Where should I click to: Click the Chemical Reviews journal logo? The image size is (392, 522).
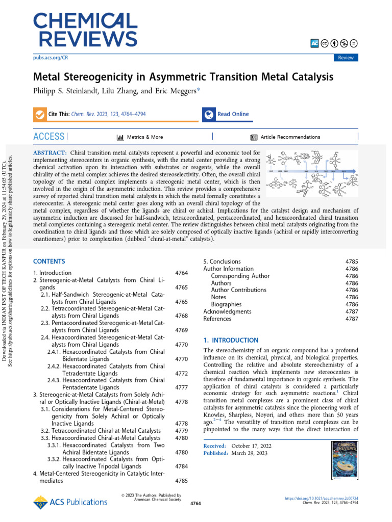[x=85, y=30]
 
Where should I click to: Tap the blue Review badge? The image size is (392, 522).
[x=346, y=58]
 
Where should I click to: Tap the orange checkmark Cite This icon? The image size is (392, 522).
[x=39, y=114]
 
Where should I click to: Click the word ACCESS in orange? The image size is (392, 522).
[x=48, y=137]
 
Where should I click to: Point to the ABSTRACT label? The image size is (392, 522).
[x=50, y=153]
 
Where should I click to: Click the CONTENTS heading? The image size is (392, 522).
[x=49, y=261]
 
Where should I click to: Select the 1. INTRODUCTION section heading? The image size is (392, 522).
[x=231, y=340]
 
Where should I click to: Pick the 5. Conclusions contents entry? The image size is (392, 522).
[x=222, y=262]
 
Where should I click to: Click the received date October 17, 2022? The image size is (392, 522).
[x=251, y=446]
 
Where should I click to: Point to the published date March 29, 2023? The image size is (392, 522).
[x=249, y=453]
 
